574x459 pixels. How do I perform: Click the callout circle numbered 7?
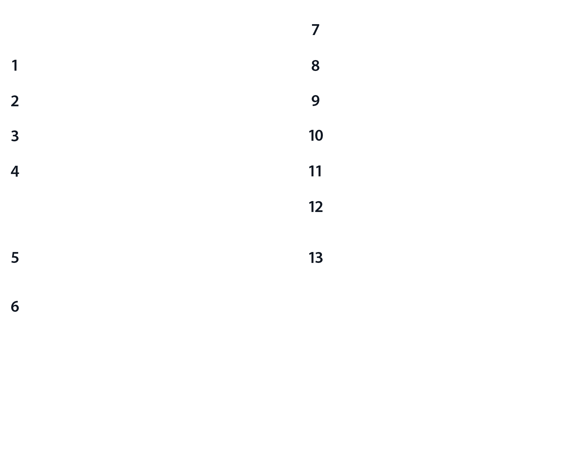[315, 30]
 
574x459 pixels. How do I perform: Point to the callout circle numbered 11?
[315, 171]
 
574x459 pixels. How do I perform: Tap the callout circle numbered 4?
[15, 171]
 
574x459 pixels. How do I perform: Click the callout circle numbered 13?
[315, 258]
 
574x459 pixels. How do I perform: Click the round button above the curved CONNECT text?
[467, 259]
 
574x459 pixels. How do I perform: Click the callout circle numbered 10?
[315, 136]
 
